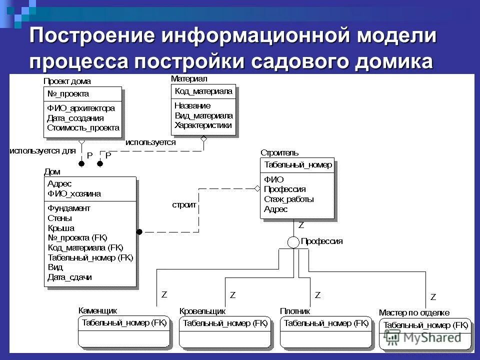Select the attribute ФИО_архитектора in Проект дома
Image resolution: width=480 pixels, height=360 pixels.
click(x=81, y=108)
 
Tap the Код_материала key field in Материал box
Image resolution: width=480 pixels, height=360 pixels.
click(x=203, y=91)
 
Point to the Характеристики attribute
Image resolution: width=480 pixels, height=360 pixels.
click(x=203, y=125)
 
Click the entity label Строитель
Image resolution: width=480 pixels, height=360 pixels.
click(x=279, y=152)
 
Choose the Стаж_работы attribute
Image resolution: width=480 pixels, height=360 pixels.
click(x=289, y=199)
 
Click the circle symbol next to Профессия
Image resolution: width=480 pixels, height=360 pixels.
click(x=293, y=241)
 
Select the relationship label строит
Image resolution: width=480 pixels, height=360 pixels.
click(x=184, y=204)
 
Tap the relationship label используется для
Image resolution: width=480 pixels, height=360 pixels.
click(x=42, y=150)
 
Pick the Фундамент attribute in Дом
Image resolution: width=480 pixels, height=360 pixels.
click(x=69, y=208)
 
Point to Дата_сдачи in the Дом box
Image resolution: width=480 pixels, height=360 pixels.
click(x=69, y=277)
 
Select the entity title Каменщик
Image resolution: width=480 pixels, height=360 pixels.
click(x=98, y=310)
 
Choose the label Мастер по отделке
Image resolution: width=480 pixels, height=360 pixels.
click(x=414, y=312)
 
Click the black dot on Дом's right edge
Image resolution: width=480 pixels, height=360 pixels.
click(x=140, y=231)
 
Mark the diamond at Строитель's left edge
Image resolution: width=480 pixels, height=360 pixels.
click(x=257, y=188)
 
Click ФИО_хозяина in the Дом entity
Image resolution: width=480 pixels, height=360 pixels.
click(x=74, y=193)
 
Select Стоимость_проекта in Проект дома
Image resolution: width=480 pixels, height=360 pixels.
click(x=83, y=127)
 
